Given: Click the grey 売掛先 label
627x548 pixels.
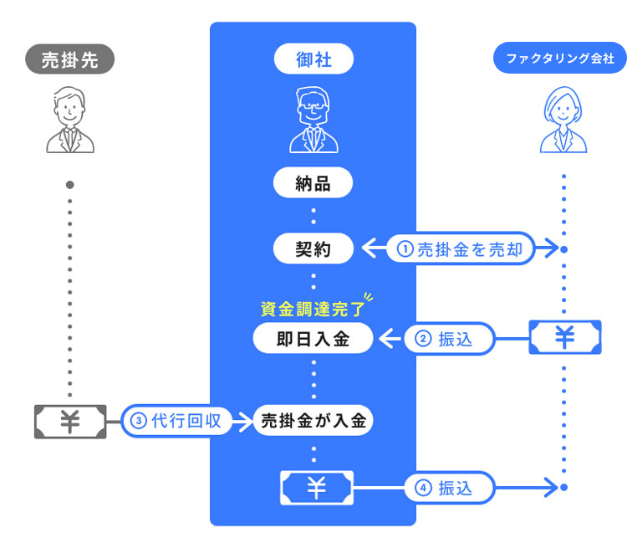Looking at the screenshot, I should point(69,59).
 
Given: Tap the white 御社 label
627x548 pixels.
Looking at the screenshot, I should point(313,59).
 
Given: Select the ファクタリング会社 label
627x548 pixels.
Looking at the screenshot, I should point(560,59).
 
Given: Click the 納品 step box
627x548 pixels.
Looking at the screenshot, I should point(313,183).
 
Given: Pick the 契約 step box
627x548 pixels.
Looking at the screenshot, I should point(313,248).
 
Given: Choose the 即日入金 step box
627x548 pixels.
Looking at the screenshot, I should point(313,339).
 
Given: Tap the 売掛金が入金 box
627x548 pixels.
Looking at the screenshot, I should point(313,421).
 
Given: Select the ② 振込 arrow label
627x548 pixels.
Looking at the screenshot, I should point(450,339).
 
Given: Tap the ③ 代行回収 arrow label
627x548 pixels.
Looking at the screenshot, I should point(176,421).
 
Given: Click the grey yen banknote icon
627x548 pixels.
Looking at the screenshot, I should point(69,422).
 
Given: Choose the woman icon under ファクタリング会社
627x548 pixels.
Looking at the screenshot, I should point(564,122).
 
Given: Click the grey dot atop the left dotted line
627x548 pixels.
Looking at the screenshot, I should point(70,184).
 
